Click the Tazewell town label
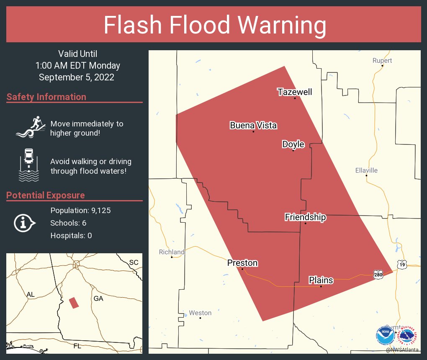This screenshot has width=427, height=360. pos(295,92)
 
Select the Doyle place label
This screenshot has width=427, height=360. pos(293,144)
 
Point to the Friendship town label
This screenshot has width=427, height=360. pos(305,217)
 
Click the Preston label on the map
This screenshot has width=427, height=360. pos(242,263)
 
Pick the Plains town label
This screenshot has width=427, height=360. pos(321,280)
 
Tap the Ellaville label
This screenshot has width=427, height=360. pos(366,170)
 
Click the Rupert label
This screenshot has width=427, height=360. pos(382,61)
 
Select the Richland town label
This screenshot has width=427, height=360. pos(172,252)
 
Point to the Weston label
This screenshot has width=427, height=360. pos(200,313)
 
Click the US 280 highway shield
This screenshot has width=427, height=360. pos(378,273)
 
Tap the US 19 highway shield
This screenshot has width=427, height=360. pos(402,265)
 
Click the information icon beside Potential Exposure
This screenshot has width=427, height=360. pos(25,223)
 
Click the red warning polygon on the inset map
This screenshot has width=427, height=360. pos(74,303)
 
